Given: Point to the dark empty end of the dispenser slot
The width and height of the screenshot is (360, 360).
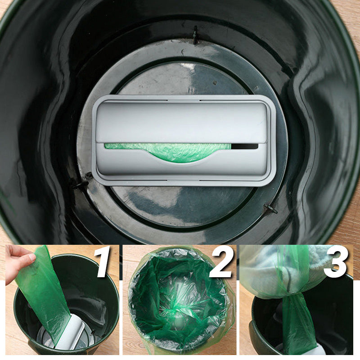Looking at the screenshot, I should tap(245, 146).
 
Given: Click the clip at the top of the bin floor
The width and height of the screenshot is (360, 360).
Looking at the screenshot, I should tap(195, 35).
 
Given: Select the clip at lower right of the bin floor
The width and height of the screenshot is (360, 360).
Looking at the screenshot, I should tap(270, 208).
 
